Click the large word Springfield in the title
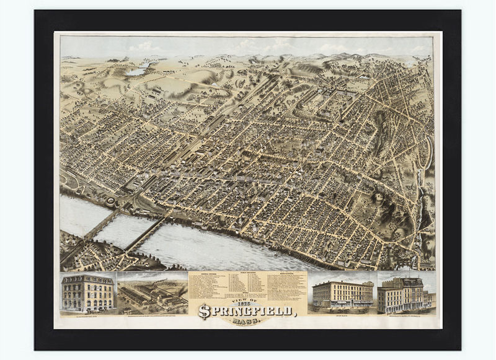tap(248, 312)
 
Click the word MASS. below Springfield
tap(247, 322)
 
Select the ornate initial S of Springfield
tap(204, 312)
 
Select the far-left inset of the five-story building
tap(87, 293)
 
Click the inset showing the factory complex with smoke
tap(152, 295)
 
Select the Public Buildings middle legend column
tap(247, 282)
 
